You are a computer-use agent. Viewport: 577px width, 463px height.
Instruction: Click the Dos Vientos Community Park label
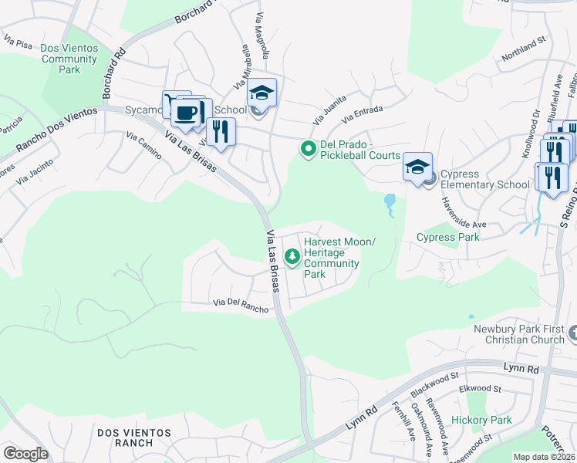pyautogui.click(x=69, y=59)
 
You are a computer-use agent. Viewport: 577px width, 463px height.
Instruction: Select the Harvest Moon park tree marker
pyautogui.click(x=292, y=256)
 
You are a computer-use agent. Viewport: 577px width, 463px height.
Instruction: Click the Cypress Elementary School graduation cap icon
pyautogui.click(x=417, y=167)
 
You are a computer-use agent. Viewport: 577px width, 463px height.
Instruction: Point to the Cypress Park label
pyautogui.click(x=448, y=237)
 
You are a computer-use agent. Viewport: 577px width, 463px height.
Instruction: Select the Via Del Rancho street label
pyautogui.click(x=241, y=307)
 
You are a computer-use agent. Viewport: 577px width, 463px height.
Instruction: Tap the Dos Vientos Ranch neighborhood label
pyautogui.click(x=136, y=438)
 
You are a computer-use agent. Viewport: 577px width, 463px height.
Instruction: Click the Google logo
pyautogui.click(x=25, y=454)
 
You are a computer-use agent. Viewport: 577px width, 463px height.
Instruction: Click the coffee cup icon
pyautogui.click(x=185, y=113)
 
